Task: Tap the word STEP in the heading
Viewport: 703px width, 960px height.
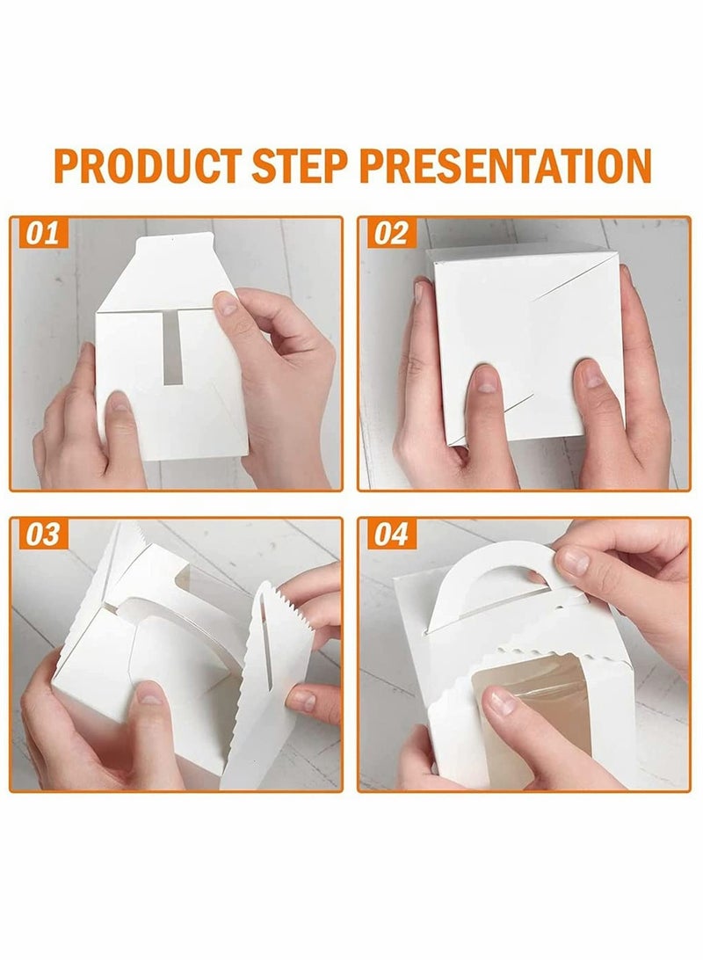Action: coord(300,165)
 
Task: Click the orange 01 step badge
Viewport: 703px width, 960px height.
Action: coord(41,233)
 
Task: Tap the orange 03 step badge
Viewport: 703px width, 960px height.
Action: coord(41,535)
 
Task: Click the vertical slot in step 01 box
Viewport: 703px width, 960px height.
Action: coord(172,348)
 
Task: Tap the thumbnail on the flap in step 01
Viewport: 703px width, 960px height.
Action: coord(228,303)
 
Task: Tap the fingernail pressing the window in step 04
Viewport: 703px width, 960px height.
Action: coord(501,701)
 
